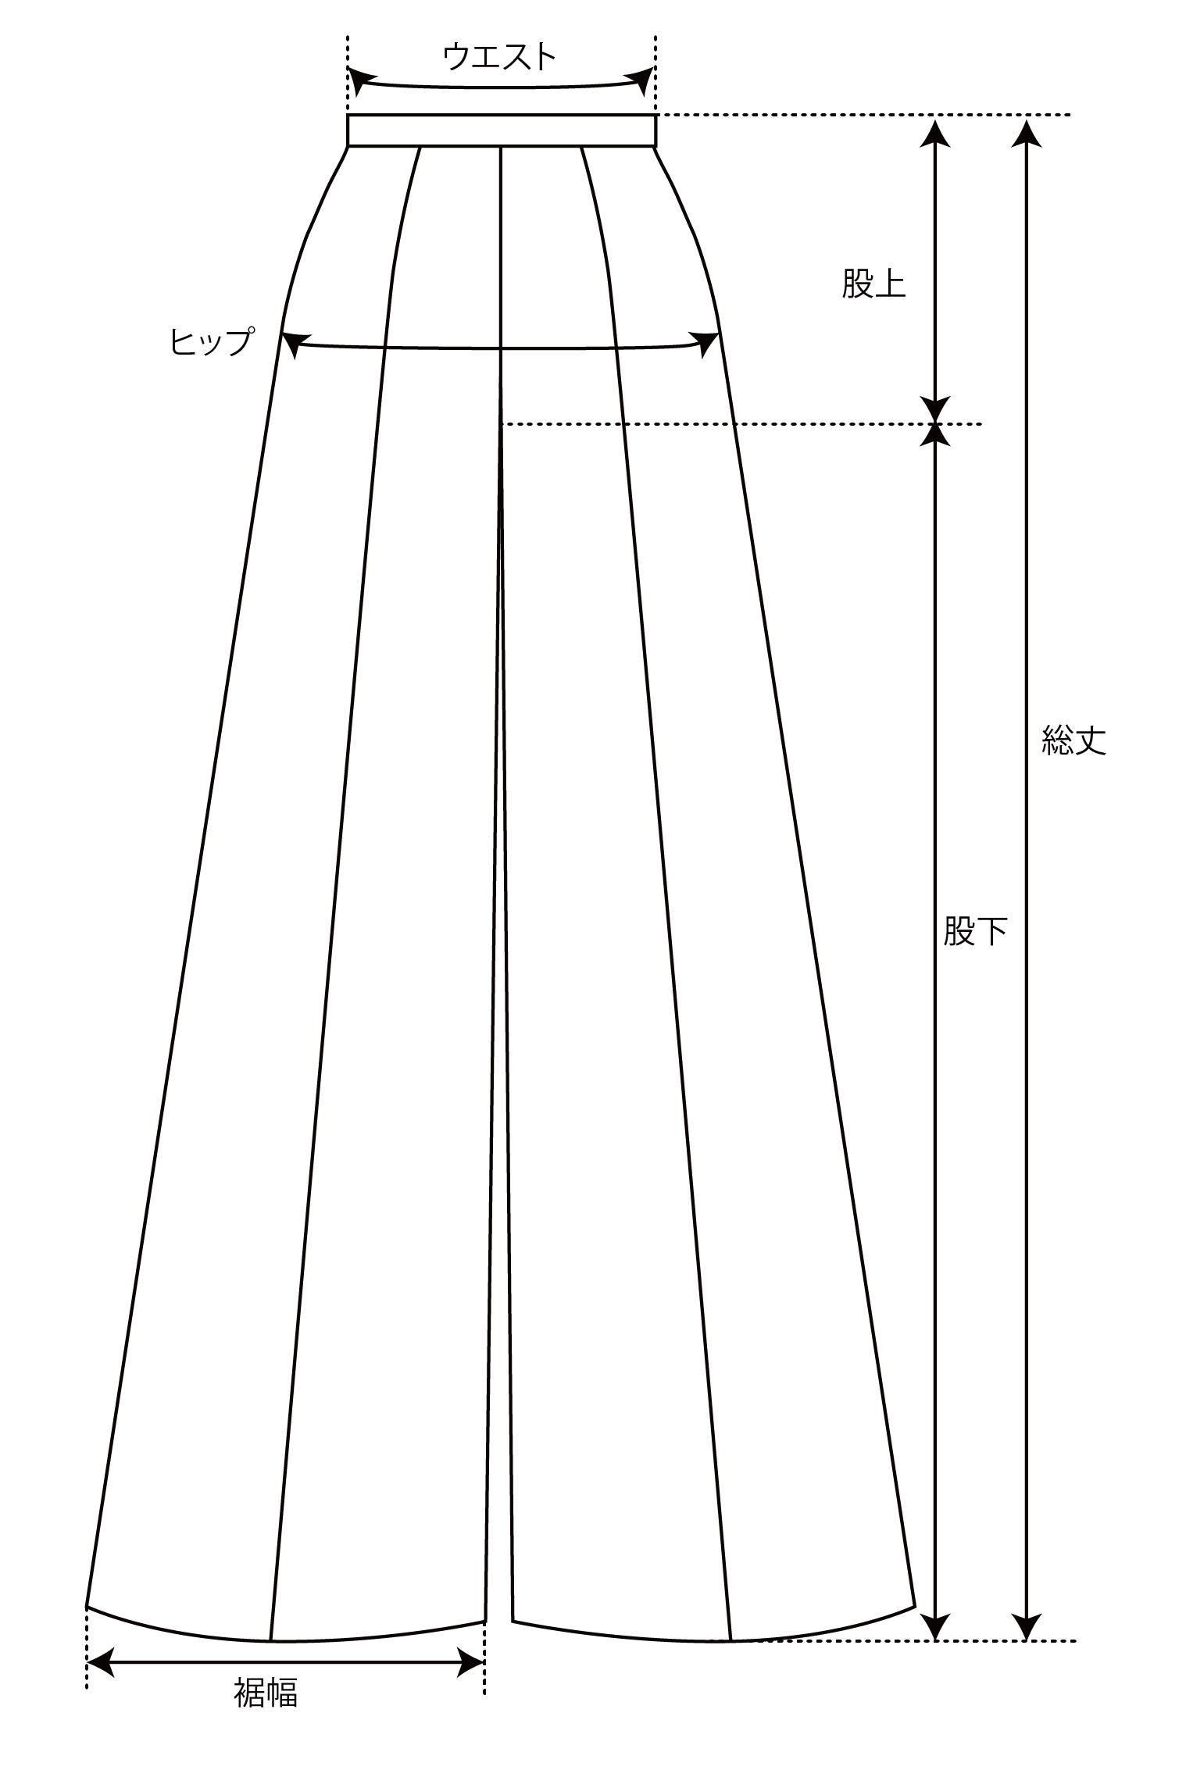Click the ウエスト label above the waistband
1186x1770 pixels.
499,56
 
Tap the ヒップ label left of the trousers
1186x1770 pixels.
212,341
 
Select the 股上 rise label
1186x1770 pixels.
873,284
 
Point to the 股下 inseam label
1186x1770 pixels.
975,930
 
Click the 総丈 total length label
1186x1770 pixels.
1074,739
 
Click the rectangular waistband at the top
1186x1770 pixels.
502,130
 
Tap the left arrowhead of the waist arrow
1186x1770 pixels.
359,81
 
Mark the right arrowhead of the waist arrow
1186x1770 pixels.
642,80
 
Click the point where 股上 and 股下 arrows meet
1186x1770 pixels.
934,424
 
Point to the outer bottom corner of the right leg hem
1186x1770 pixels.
915,1600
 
